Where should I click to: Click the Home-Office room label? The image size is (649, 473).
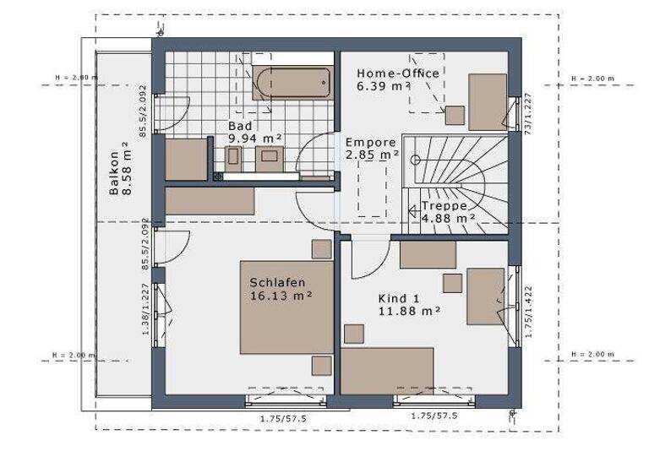(397, 73)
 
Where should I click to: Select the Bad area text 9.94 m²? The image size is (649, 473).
(254, 138)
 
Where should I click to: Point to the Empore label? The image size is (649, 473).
(369, 142)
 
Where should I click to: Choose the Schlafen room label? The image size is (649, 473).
(277, 283)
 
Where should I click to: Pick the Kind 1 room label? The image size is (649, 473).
(398, 298)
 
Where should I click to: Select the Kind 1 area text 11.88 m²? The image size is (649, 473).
(409, 311)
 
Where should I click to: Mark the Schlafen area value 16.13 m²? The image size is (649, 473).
(281, 296)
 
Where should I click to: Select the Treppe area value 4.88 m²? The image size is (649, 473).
(449, 217)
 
